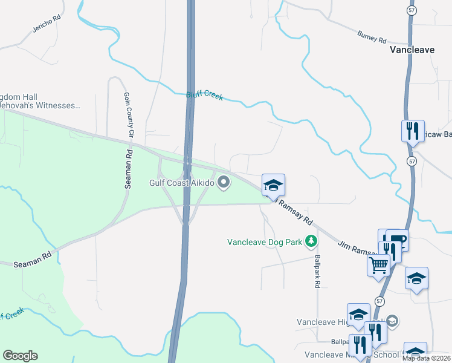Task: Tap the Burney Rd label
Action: [372, 38]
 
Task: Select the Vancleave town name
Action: [412, 50]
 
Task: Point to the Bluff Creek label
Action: [204, 95]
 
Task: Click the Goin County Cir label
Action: [129, 115]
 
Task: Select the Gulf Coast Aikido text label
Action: [182, 183]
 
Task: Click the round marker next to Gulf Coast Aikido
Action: [224, 182]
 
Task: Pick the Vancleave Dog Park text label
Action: [264, 242]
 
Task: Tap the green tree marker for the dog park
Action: [311, 242]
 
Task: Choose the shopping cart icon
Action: [378, 264]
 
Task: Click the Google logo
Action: [20, 356]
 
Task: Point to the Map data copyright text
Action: [427, 358]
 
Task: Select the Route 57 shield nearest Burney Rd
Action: [412, 11]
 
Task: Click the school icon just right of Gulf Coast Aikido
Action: [273, 185]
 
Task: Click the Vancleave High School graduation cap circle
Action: [392, 320]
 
